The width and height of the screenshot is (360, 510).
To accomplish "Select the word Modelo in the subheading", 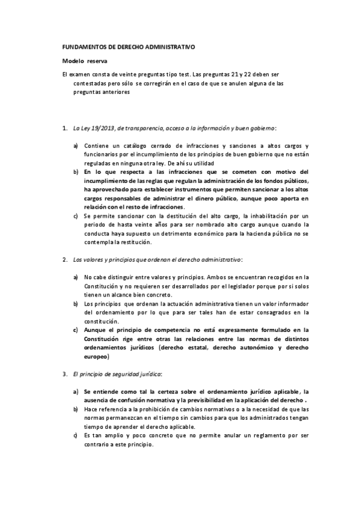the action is [x=73, y=61].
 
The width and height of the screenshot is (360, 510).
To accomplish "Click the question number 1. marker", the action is [x=65, y=128].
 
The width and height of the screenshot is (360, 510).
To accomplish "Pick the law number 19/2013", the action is [x=100, y=128].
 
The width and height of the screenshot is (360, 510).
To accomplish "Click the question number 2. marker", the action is [x=65, y=260].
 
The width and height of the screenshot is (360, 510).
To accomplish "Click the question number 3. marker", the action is [x=65, y=374].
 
